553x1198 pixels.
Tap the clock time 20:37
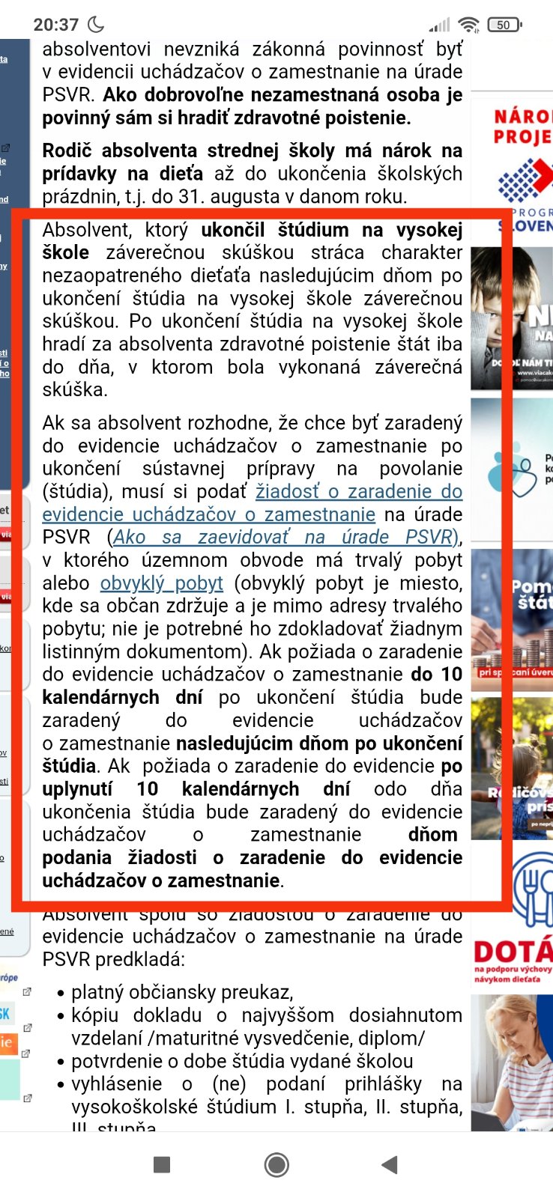(55, 25)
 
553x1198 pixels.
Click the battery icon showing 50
(504, 25)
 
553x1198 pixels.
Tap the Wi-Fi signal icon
(469, 25)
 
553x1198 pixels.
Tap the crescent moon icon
(96, 25)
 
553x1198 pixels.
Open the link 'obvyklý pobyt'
(162, 583)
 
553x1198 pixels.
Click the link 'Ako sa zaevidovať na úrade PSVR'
(283, 537)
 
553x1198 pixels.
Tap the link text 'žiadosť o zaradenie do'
(359, 491)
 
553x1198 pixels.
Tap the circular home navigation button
(276, 1164)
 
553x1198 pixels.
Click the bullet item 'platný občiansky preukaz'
(181, 992)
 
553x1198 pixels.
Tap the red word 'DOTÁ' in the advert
(513, 952)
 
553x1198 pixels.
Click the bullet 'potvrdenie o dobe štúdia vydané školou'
(242, 1061)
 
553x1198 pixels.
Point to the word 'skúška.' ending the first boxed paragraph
(75, 389)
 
